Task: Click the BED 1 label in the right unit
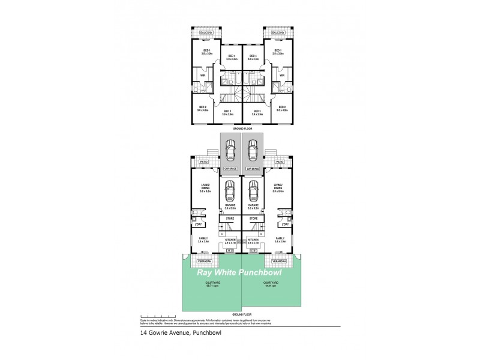point(278,50)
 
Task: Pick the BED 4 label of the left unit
point(232,56)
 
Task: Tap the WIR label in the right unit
point(282,75)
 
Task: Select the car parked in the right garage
point(253,191)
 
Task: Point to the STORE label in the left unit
point(230,218)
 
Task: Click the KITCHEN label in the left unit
point(230,239)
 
